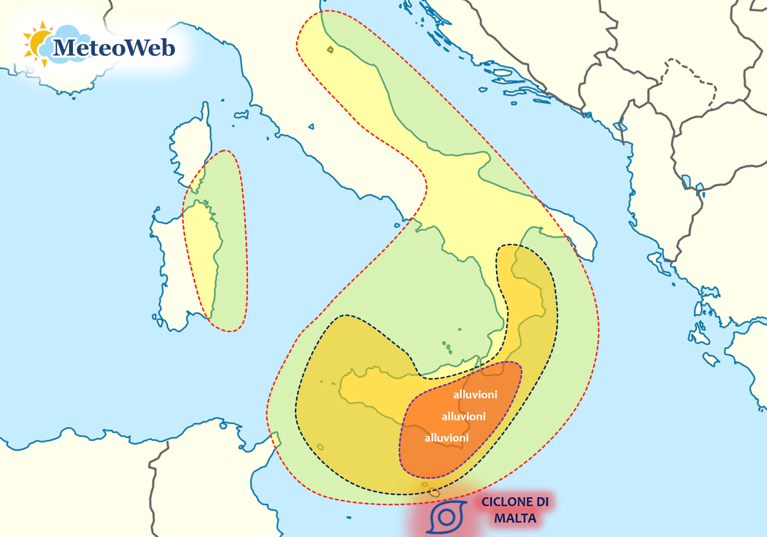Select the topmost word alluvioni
point(475,395)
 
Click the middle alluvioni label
point(463,417)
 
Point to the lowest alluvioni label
point(446,438)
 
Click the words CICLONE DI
point(515,502)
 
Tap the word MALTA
point(515,519)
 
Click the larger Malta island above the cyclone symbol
point(434,493)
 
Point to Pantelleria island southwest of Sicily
point(320,447)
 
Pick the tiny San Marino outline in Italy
point(330,49)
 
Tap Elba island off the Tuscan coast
point(241,115)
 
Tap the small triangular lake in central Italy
point(311,126)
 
